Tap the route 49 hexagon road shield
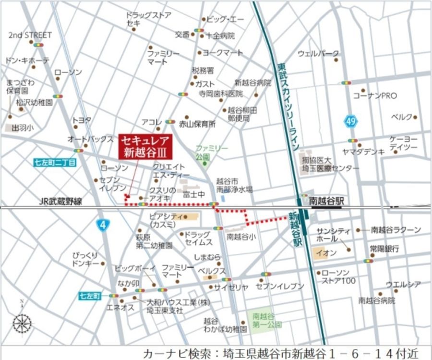(351, 121)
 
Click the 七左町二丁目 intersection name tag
(55, 163)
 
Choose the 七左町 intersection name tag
(90, 296)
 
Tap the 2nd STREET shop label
(30, 35)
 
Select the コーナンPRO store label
(375, 96)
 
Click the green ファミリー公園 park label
(211, 152)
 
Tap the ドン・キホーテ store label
(27, 60)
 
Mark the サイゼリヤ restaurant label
(231, 287)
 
